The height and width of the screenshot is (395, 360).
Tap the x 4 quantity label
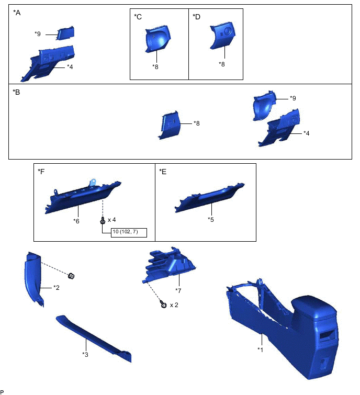[111, 220]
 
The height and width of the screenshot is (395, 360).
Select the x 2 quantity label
[174, 305]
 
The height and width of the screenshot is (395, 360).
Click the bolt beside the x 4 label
[103, 220]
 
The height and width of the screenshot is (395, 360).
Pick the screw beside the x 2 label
[163, 304]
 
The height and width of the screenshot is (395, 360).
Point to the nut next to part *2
[71, 276]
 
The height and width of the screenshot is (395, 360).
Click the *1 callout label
[260, 349]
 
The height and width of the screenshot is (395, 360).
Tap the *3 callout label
[85, 354]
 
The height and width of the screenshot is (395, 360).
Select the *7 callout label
[178, 290]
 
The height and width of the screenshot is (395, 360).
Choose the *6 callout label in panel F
[76, 221]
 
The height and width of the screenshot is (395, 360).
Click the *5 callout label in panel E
[210, 219]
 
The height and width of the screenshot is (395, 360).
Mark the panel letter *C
[138, 17]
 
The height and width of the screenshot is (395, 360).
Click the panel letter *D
[197, 17]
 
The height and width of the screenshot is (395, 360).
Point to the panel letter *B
[16, 92]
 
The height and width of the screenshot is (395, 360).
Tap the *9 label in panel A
[38, 34]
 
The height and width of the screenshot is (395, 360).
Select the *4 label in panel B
[306, 133]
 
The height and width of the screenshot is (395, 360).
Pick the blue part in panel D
[222, 35]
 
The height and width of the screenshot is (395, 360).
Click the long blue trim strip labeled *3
[94, 338]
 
